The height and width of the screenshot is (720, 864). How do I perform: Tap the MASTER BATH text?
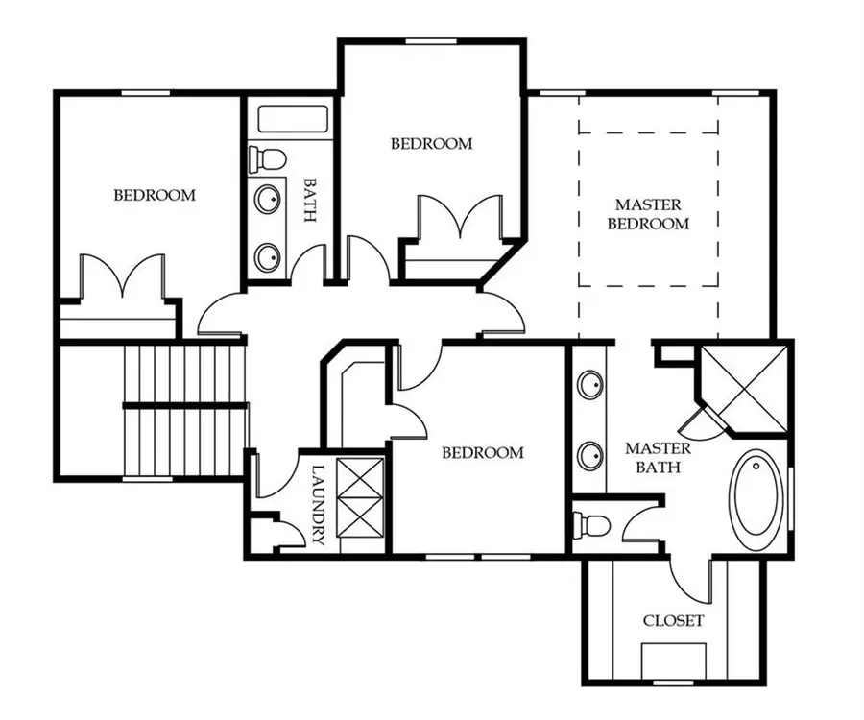tap(658, 458)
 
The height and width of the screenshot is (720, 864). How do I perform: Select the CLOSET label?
tap(672, 621)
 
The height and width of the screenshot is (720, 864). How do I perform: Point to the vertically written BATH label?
tap(309, 199)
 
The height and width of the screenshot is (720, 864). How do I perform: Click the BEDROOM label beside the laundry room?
tap(482, 452)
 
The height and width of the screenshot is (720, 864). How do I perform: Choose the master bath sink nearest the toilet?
tap(590, 454)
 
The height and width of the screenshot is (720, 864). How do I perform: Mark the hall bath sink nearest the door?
tap(268, 256)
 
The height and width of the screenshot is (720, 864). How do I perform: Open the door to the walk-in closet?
tap(689, 576)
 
